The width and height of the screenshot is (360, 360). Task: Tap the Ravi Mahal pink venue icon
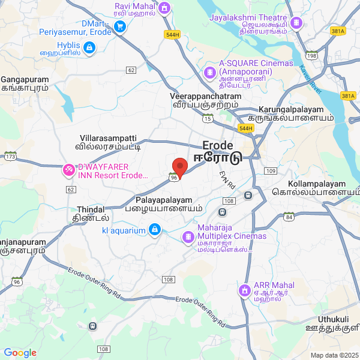165,8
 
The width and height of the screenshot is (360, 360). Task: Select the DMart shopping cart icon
119,26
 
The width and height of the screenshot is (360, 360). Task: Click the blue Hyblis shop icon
89,47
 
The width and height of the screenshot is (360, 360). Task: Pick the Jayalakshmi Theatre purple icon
296,23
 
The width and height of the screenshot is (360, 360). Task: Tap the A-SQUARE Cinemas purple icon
209,73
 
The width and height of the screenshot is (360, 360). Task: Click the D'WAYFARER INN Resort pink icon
69,170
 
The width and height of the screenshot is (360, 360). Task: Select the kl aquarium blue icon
155,230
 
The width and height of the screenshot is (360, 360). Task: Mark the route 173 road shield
10,157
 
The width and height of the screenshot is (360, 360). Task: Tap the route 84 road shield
289,217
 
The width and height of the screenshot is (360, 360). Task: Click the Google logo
20,353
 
